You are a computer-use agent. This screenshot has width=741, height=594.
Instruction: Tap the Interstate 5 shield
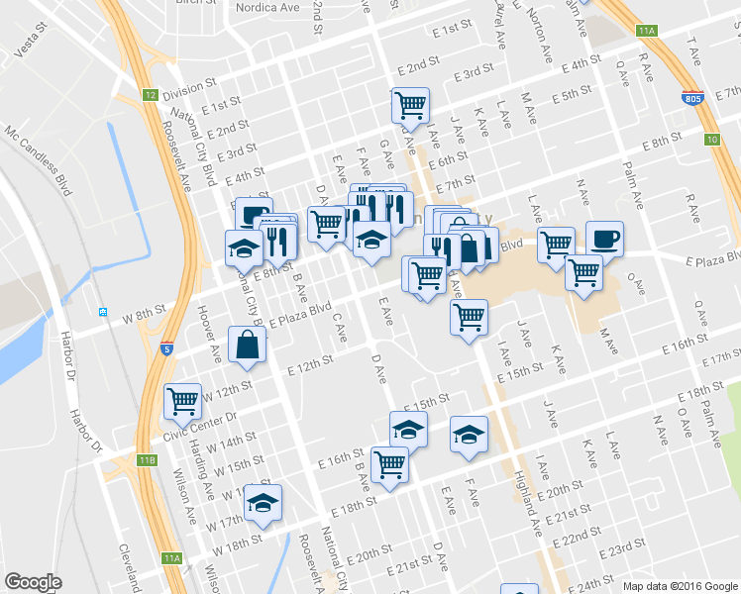click(169, 348)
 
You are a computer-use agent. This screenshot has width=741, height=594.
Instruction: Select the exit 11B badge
click(147, 460)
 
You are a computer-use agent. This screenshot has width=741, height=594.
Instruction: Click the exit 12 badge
click(150, 95)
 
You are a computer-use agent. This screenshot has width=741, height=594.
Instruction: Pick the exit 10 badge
click(712, 139)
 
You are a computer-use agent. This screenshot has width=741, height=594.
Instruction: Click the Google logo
click(34, 582)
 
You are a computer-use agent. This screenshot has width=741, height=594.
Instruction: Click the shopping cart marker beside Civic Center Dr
click(182, 401)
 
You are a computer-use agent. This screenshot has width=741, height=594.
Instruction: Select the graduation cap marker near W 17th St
click(264, 502)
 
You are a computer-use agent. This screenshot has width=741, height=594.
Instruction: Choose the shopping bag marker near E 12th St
click(247, 345)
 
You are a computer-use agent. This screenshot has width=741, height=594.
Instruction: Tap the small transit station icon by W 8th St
click(103, 312)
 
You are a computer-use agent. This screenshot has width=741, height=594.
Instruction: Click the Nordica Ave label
click(267, 7)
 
